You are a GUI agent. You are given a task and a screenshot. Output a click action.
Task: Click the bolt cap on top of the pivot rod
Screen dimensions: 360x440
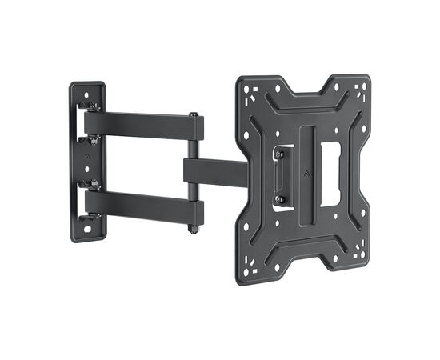[193, 117]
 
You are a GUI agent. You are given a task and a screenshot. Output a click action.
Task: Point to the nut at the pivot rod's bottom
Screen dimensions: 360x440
[193, 230]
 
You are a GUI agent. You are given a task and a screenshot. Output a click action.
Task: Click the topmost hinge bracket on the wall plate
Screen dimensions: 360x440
[92, 105]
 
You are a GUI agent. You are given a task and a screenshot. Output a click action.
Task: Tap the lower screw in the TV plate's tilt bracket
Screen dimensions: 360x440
[280, 199]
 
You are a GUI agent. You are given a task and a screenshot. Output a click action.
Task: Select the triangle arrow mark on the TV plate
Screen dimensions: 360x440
[306, 170]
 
